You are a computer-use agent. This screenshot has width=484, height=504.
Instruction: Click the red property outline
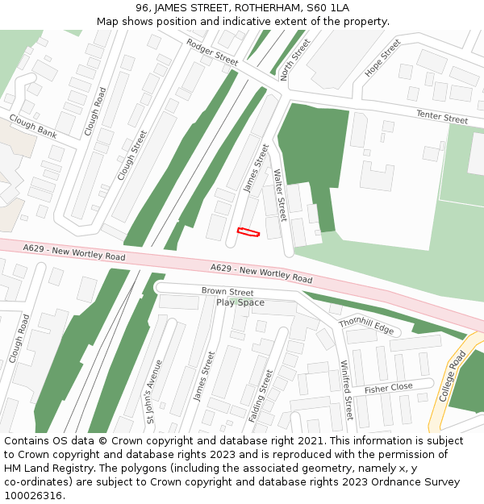click(x=248, y=232)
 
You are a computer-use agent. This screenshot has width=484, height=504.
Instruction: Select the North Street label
click(x=294, y=59)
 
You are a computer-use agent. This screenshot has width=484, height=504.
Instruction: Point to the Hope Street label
click(x=382, y=58)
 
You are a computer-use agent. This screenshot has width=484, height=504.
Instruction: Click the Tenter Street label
click(x=442, y=117)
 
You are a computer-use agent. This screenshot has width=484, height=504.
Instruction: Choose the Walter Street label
click(x=280, y=195)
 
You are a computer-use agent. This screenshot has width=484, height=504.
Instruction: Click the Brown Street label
click(x=227, y=291)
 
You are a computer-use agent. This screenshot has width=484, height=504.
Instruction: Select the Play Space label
click(x=240, y=302)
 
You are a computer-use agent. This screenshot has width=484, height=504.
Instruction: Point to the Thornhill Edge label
click(x=366, y=327)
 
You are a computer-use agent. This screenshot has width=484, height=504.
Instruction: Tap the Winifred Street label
click(x=347, y=390)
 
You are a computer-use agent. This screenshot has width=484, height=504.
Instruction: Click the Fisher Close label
click(x=389, y=388)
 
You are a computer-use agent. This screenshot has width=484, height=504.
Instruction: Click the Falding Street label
click(x=261, y=396)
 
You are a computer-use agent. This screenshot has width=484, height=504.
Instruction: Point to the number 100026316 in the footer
click(x=33, y=495)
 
